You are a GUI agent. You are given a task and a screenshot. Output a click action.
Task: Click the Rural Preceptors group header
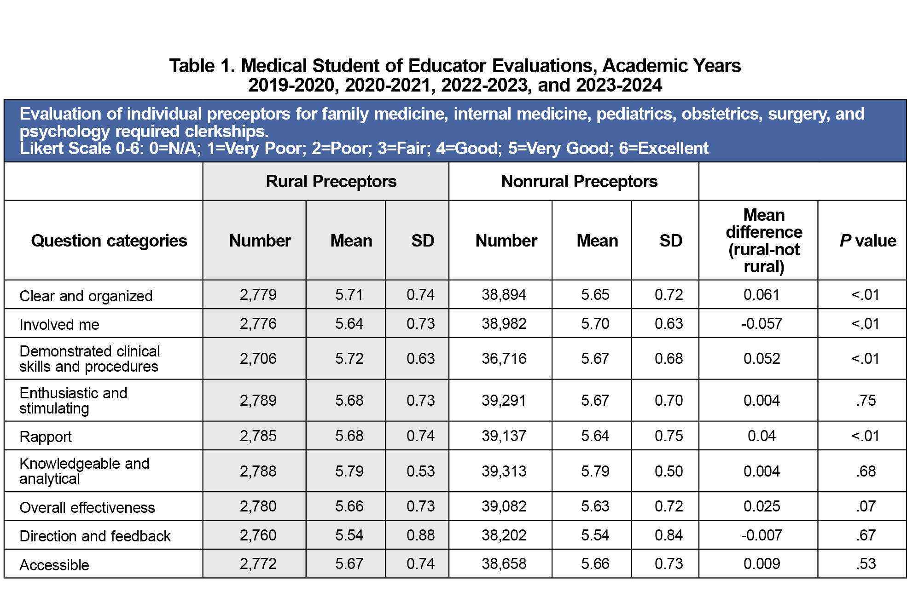click(331, 181)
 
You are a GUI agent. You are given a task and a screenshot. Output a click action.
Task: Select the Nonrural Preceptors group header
click(579, 181)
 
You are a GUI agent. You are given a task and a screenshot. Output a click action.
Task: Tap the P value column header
click(867, 241)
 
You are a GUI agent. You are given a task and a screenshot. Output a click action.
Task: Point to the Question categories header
click(109, 241)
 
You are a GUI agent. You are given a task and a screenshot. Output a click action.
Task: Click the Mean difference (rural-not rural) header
click(763, 241)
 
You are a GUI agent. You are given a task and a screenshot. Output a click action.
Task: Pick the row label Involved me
click(59, 324)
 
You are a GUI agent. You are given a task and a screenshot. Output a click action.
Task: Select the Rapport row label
click(46, 436)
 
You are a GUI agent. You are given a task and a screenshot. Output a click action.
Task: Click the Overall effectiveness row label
click(87, 507)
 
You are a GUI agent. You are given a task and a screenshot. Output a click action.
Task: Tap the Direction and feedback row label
click(95, 536)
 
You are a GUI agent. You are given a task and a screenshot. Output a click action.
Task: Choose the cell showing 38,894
click(504, 294)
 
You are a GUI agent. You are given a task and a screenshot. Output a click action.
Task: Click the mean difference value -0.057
click(761, 323)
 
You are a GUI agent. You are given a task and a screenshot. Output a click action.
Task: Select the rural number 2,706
click(258, 358)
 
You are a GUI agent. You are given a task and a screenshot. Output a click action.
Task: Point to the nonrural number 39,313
click(504, 471)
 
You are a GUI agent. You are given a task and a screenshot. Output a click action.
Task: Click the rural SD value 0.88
click(420, 535)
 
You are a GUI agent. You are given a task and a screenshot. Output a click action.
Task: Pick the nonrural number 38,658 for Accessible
click(504, 563)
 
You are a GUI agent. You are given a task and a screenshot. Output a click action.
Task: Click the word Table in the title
click(192, 66)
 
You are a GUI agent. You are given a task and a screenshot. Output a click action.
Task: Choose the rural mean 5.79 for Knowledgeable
click(349, 471)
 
